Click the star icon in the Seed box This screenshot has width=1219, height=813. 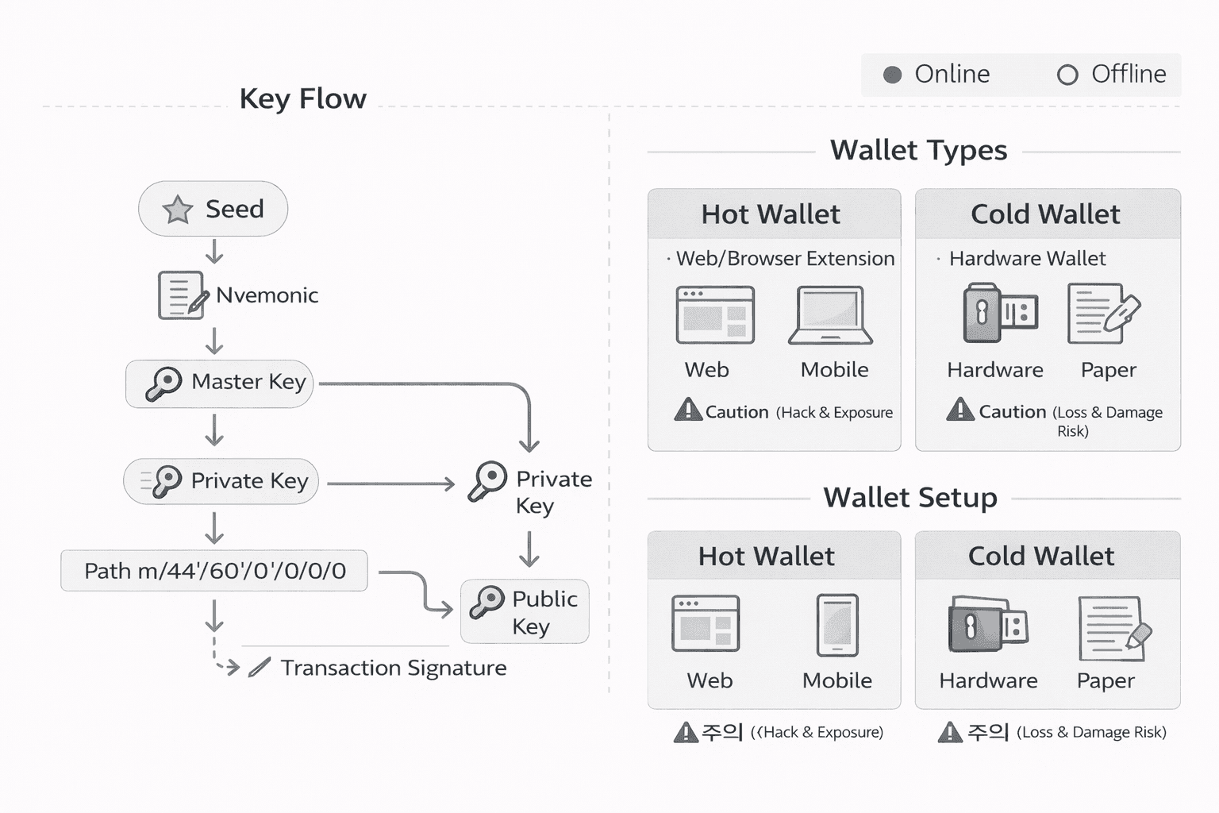177,210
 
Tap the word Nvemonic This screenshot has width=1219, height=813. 267,295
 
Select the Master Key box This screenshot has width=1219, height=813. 220,383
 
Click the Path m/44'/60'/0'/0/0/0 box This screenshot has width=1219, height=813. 214,571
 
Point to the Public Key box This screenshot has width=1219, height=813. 525,611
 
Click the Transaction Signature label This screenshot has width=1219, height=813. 393,669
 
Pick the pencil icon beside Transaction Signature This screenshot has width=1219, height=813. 259,668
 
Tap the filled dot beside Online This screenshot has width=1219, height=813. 893,75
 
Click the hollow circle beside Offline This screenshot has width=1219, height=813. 1067,75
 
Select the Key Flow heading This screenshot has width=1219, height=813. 302,99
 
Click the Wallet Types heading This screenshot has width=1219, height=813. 918,151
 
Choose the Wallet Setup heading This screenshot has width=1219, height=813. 910,498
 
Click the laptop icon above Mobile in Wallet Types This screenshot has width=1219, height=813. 831,315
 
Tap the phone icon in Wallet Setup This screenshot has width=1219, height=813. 837,625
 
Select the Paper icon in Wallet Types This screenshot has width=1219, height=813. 1103,314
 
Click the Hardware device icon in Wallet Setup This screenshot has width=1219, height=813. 987,625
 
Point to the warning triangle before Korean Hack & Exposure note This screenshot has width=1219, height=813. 685,732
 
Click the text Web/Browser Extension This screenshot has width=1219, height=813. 785,259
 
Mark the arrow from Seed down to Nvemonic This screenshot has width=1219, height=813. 214,252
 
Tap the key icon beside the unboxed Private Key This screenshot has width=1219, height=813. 487,481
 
